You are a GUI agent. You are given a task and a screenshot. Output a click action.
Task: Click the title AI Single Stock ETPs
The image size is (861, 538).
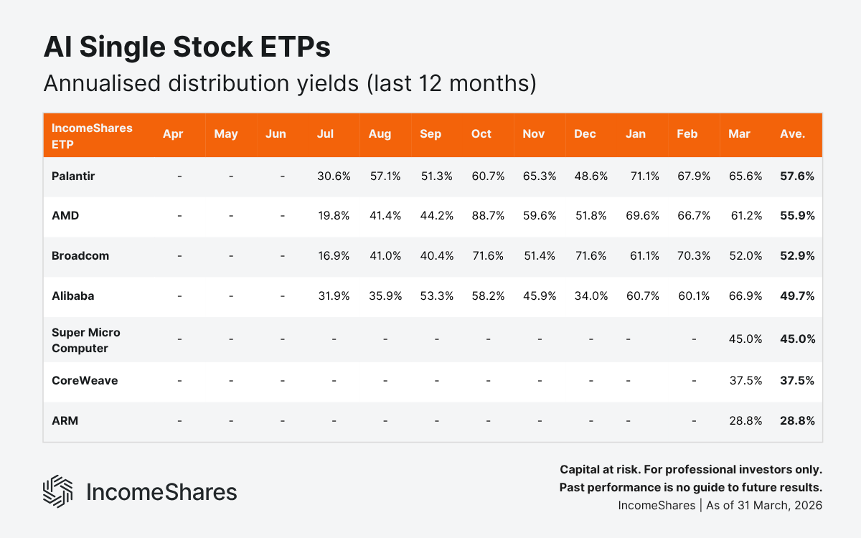click(187, 47)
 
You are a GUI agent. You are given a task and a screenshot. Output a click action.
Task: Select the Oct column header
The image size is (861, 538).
click(481, 134)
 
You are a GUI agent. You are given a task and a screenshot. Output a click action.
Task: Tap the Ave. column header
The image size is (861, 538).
click(792, 134)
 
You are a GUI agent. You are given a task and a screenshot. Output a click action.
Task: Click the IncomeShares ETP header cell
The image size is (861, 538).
click(82, 135)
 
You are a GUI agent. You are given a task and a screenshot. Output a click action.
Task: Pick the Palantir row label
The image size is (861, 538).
click(72, 175)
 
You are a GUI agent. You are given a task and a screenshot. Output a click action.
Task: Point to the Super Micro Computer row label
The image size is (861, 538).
click(85, 341)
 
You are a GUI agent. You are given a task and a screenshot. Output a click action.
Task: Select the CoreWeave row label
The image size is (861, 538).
click(84, 380)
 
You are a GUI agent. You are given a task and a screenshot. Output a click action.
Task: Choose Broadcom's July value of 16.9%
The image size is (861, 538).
click(334, 255)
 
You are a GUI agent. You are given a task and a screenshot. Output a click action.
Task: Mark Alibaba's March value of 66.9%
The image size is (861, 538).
click(745, 296)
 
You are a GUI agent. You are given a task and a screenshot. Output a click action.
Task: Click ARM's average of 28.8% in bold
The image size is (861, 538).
click(797, 421)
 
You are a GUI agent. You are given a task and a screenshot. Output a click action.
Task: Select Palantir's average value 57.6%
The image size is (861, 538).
click(797, 175)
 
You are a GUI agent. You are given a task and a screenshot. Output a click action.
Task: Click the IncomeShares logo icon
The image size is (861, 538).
click(58, 491)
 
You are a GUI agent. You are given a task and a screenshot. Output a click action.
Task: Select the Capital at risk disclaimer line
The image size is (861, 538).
click(690, 470)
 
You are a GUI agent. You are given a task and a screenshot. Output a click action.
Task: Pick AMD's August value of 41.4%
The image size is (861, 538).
click(385, 215)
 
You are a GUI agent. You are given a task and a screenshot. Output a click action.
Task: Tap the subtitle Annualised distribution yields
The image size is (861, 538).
click(290, 83)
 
